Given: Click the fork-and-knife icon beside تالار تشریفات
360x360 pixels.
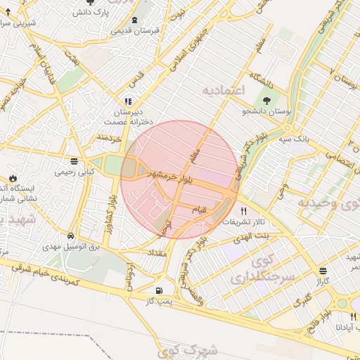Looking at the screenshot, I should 243,211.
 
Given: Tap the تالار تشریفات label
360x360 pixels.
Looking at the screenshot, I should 245,222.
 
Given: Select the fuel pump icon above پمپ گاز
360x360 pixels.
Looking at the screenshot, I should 159,290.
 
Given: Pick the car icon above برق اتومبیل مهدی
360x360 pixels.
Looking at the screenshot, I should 72,236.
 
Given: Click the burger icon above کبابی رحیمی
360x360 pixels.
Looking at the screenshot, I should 75,160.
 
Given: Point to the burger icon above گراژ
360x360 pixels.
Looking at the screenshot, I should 322,271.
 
